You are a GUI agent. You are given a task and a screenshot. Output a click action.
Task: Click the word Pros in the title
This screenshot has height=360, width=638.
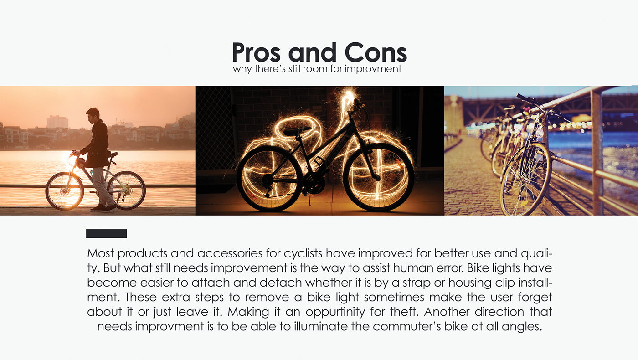[257, 53]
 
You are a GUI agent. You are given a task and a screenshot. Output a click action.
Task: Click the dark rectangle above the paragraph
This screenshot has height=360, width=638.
[106, 234]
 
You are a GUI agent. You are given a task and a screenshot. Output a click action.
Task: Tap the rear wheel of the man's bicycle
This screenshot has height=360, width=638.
[127, 190]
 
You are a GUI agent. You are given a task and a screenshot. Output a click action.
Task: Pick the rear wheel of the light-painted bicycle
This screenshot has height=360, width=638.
[269, 178]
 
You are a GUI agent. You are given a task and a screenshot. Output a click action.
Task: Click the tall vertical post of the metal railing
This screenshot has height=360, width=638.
[597, 150]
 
